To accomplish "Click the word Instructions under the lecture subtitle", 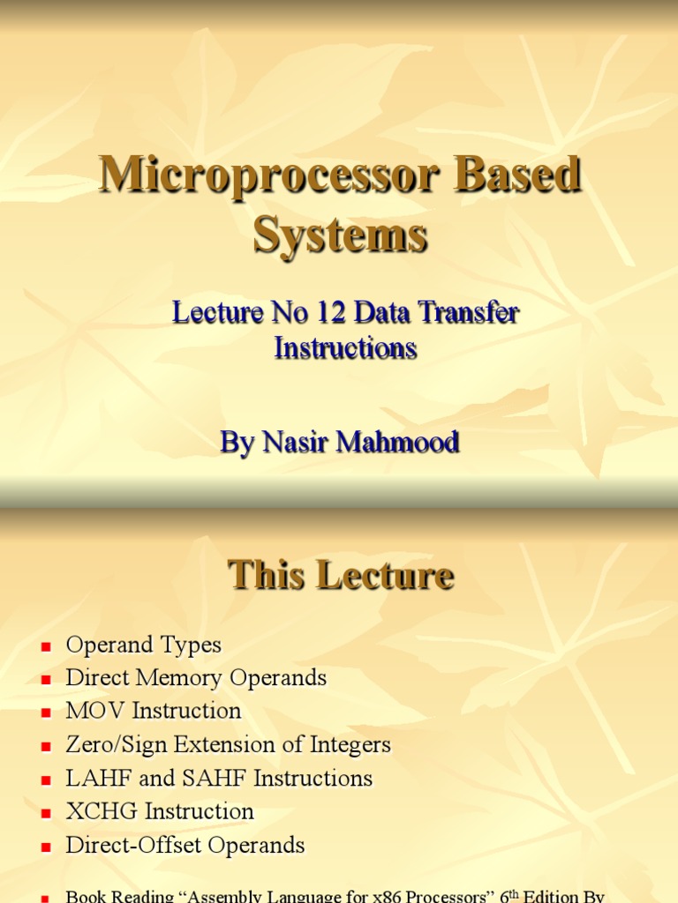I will pos(345,347).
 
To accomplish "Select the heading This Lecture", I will pos(341,576).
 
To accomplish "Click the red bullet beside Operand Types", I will pos(46,646).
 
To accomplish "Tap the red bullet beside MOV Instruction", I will pos(46,713).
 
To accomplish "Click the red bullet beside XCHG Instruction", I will pos(46,813).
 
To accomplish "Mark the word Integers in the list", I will pos(350,745).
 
